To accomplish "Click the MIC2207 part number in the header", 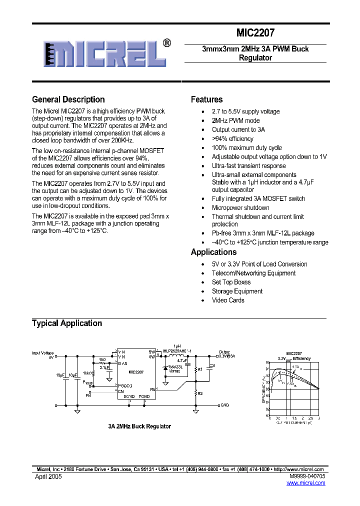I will (255, 33).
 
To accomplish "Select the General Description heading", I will (68, 99).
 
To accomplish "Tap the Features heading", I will (206, 99).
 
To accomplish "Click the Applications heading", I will (213, 252).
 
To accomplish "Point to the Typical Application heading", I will (67, 323).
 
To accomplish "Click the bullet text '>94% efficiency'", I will (232, 138).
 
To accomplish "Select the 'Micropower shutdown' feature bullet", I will (240, 207).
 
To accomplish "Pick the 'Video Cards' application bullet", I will (228, 300).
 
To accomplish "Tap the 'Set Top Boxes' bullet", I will (231, 282).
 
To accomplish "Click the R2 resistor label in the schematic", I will (200, 394).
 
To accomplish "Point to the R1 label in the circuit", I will (200, 369).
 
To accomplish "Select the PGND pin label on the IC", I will (144, 396).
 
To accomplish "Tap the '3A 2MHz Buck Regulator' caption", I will (139, 426).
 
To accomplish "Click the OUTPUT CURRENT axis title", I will (295, 422).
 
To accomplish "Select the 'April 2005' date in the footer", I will (48, 477).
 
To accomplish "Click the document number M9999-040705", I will (306, 477).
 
